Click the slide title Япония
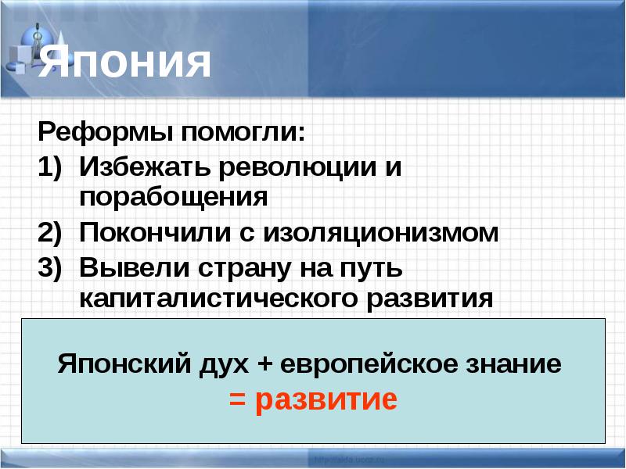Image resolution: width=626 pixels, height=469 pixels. pos(125,63)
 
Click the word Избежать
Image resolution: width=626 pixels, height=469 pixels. pos(145,167)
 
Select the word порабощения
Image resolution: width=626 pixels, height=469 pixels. pos(174,196)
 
